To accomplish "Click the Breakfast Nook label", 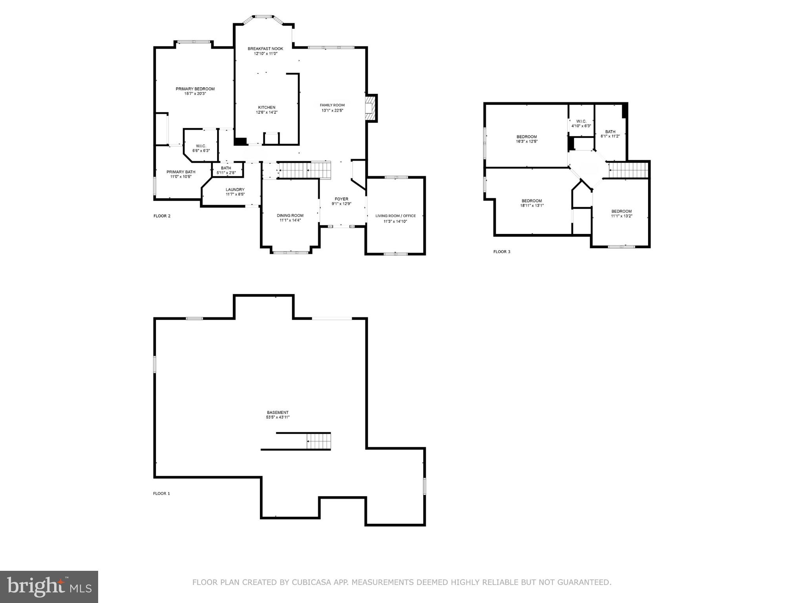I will tap(265, 49).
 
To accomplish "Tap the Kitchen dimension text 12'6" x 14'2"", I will tap(267, 112).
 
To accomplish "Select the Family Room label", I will tap(332, 105).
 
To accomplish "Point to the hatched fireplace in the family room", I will tap(370, 108).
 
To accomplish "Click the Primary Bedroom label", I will tap(195, 89).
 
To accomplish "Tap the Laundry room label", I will tap(235, 190).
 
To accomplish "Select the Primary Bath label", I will tap(181, 172).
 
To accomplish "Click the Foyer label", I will tap(341, 199).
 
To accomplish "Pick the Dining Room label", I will tap(290, 216).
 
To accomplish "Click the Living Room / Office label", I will tap(395, 216).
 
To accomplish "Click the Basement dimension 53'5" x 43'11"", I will tap(278, 417).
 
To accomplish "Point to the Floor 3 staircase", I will tap(627, 170).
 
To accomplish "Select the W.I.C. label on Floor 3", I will tap(581, 121).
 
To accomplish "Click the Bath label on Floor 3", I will tap(610, 132).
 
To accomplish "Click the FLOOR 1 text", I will tap(161, 493).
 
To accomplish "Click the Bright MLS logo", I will tap(49, 587).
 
